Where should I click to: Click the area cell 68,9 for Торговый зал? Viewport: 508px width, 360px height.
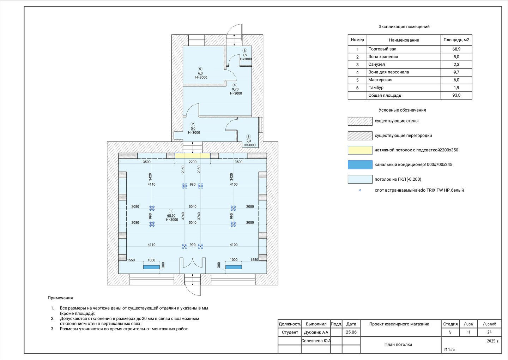pyautogui.click(x=456, y=49)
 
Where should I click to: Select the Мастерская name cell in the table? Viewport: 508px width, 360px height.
pyautogui.click(x=404, y=80)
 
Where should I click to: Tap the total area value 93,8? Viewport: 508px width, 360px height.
pyautogui.click(x=456, y=95)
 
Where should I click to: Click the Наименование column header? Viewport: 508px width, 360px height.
pyautogui.click(x=404, y=40)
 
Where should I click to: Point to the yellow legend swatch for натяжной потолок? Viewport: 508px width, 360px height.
pyautogui.click(x=360, y=150)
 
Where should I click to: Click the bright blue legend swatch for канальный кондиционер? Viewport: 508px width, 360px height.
pyautogui.click(x=360, y=165)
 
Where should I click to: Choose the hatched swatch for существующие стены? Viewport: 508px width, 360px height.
pyautogui.click(x=360, y=121)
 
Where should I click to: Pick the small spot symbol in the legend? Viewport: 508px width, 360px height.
pyautogui.click(x=360, y=190)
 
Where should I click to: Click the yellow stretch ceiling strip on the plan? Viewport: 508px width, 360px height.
pyautogui.click(x=192, y=156)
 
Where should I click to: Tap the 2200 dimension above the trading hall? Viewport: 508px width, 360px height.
pyautogui.click(x=193, y=162)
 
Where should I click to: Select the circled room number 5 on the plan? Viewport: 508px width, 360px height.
pyautogui.click(x=200, y=69)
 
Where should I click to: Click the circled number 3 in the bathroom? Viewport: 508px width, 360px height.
pyautogui.click(x=248, y=137)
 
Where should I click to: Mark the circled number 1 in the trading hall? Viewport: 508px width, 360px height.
pyautogui.click(x=171, y=211)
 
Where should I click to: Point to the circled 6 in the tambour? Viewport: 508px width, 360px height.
pyautogui.click(x=244, y=50)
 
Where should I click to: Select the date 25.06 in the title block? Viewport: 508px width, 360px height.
pyautogui.click(x=351, y=332)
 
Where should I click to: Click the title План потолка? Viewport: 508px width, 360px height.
pyautogui.click(x=398, y=344)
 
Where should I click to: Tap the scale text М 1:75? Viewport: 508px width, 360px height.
pyautogui.click(x=449, y=349)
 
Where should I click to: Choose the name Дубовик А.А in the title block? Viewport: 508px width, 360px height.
pyautogui.click(x=316, y=332)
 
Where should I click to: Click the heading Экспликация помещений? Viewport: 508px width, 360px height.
pyautogui.click(x=404, y=27)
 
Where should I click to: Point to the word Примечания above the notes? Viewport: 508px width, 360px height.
pyautogui.click(x=61, y=298)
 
